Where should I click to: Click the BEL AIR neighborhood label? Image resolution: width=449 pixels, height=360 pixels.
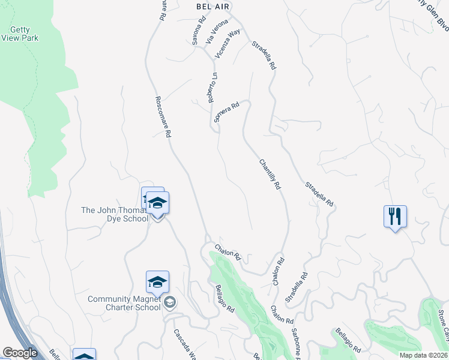[x=214, y=5]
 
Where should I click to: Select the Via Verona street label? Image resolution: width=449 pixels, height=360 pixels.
[x=213, y=31]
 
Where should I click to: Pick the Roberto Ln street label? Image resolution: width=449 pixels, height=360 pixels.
[x=212, y=88]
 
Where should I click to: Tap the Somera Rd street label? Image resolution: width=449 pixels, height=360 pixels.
[x=227, y=112]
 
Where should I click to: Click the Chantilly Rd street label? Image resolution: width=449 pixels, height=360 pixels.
[x=270, y=175]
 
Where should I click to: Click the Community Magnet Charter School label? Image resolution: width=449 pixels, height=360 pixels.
[x=124, y=303]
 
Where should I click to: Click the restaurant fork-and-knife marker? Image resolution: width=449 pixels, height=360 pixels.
[x=395, y=216]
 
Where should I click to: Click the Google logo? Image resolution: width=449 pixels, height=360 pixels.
[x=19, y=353]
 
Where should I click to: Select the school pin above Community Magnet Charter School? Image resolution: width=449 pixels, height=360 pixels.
[x=157, y=281]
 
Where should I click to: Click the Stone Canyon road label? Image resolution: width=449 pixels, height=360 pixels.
[x=442, y=328]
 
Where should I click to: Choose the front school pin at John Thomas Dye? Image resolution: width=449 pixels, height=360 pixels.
[x=158, y=205]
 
